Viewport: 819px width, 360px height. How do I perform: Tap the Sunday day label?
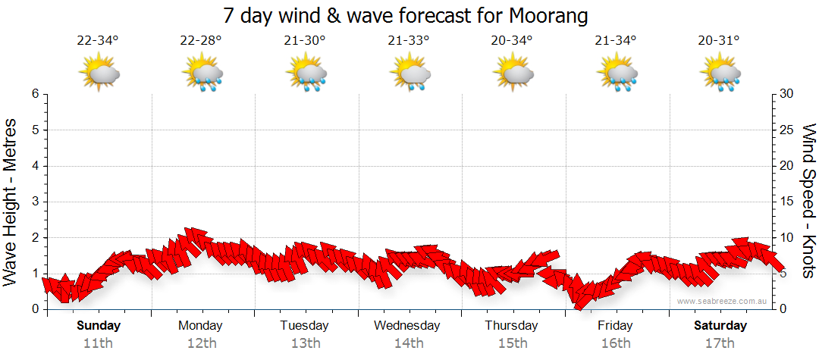(99, 326)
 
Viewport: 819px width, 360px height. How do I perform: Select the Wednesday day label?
(407, 326)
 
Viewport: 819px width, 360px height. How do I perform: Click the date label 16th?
(615, 343)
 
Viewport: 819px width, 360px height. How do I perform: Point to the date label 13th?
(305, 343)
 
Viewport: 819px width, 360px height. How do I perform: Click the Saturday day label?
(720, 326)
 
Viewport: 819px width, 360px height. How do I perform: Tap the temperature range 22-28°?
(201, 41)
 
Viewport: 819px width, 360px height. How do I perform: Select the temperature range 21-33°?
(408, 41)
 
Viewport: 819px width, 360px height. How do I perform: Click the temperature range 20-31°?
(719, 41)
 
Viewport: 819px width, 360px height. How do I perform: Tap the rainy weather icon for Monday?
(202, 74)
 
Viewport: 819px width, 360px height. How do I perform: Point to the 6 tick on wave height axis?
(35, 94)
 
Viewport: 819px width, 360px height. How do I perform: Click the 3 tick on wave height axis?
(35, 202)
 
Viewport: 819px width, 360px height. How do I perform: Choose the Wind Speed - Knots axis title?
(808, 202)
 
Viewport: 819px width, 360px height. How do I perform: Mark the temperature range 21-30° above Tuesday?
(305, 41)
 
